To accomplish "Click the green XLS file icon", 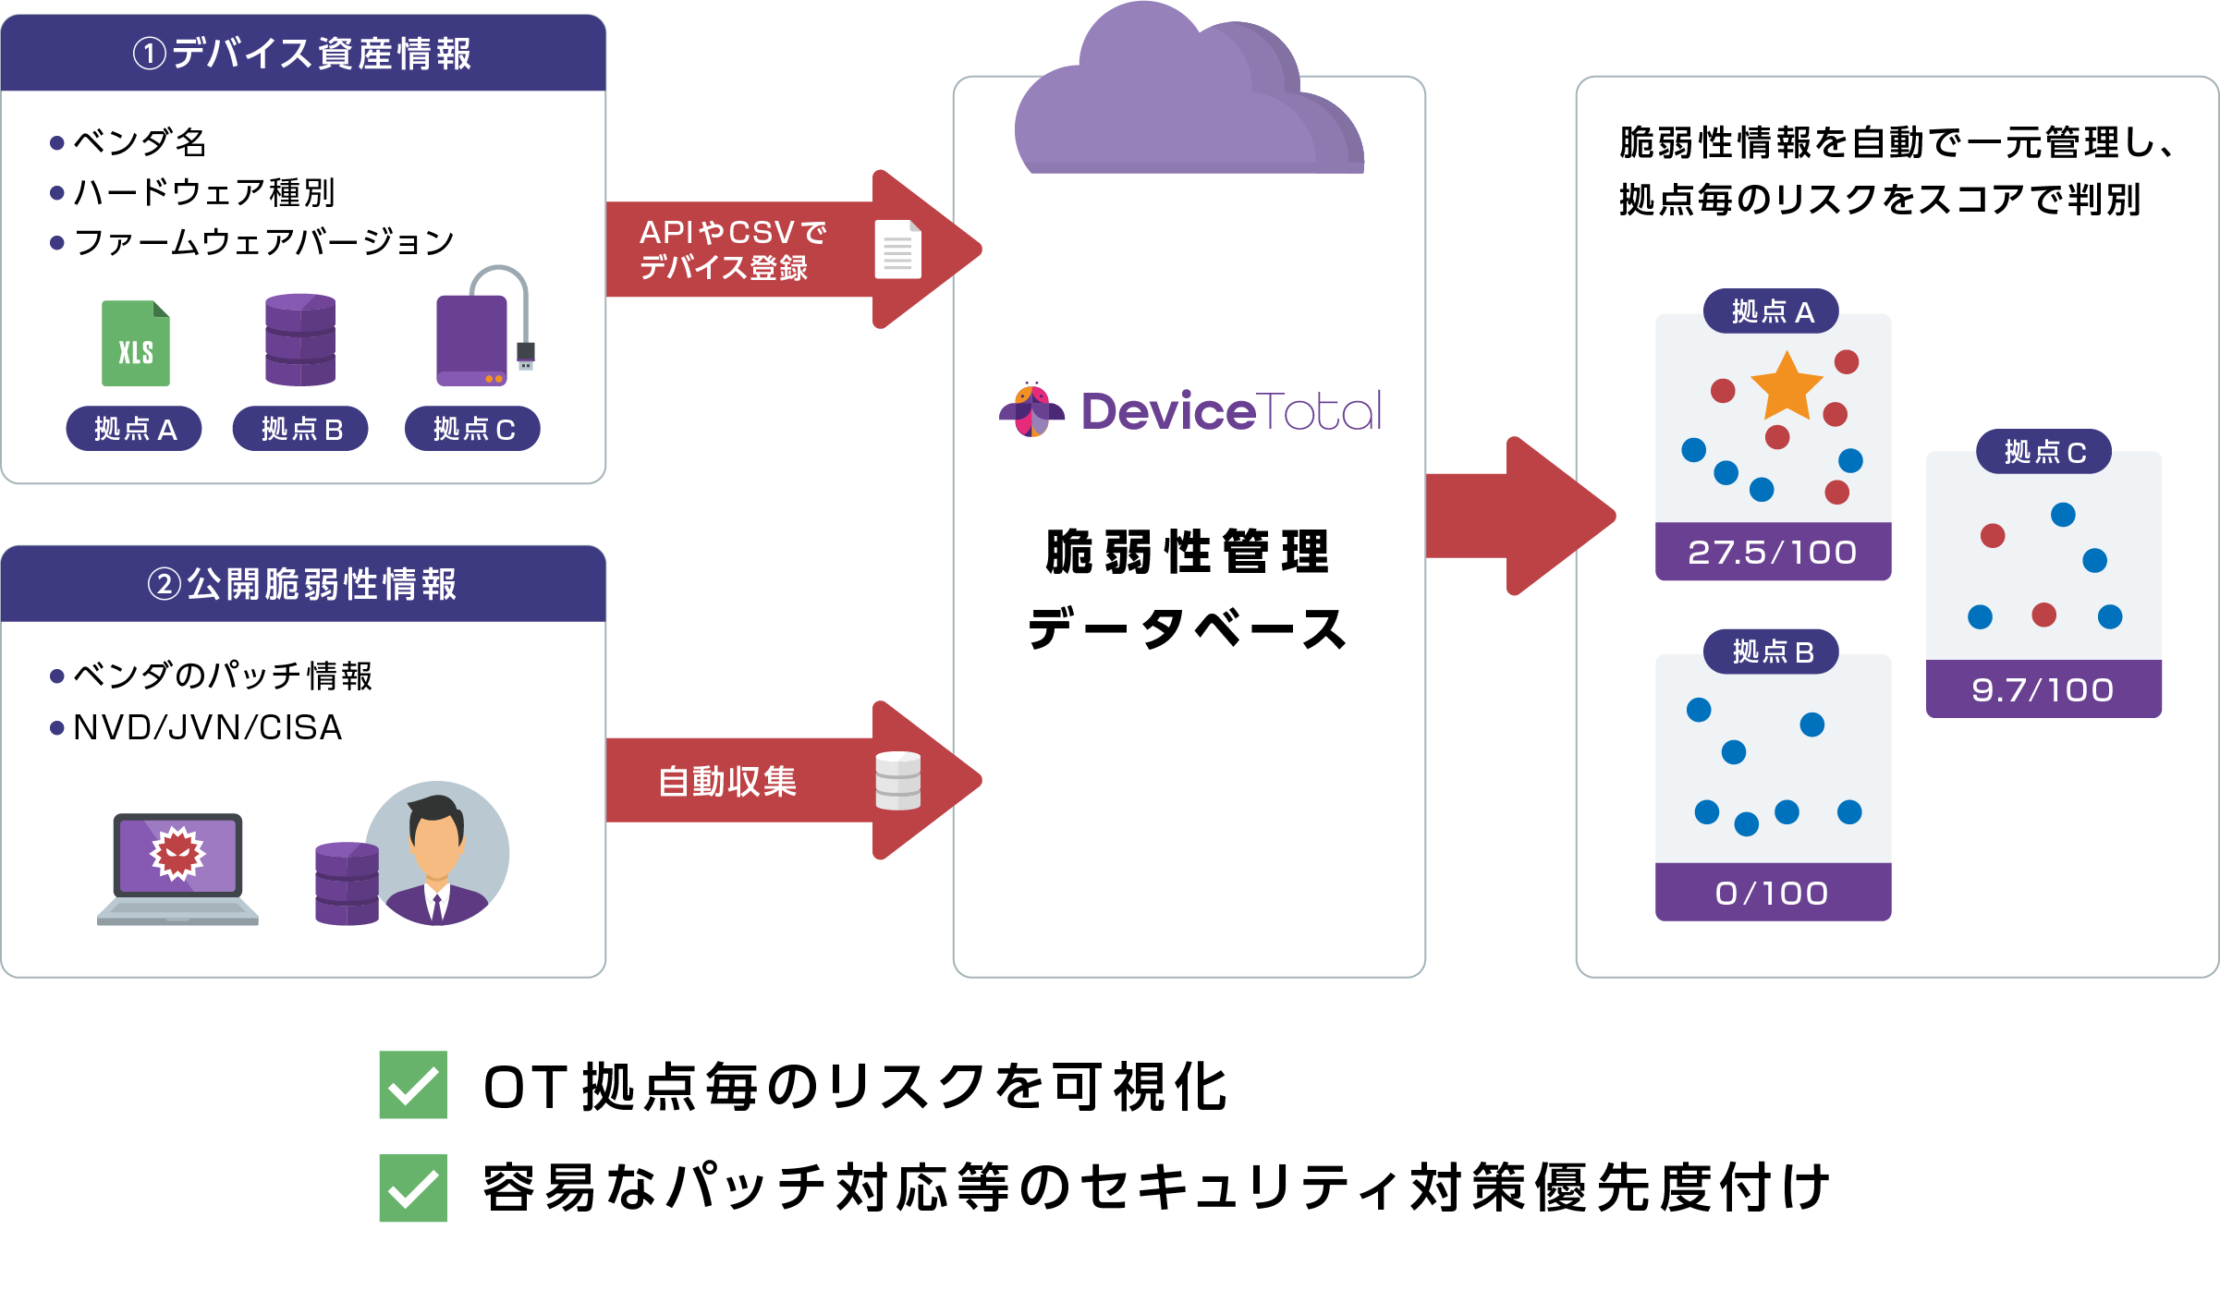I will click(136, 344).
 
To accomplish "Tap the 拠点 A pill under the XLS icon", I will click(134, 429).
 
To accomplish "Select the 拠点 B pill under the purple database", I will click(300, 429).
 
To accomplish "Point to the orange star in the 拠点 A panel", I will click(1786, 386).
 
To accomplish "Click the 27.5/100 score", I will click(1772, 552).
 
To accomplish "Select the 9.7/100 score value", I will click(2043, 689).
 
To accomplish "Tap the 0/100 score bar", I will click(1772, 893).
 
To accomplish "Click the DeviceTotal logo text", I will click(1230, 411).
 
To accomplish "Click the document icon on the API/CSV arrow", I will click(897, 250).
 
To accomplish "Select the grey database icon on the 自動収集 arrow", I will click(897, 781).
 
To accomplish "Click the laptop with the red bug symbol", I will click(177, 867).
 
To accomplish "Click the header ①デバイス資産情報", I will click(303, 54).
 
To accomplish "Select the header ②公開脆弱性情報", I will click(303, 584).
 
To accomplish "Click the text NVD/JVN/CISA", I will click(208, 728).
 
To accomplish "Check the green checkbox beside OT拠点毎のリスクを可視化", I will click(413, 1085).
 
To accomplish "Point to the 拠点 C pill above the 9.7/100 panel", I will click(2043, 452).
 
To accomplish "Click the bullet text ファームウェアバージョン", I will click(263, 242).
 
